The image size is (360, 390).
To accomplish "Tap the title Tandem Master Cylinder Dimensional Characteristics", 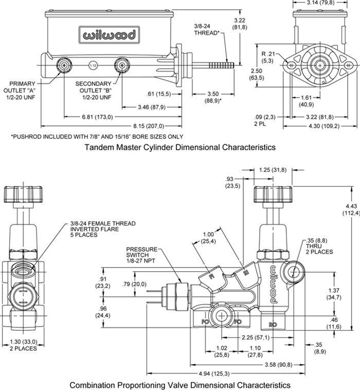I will click(x=179, y=147).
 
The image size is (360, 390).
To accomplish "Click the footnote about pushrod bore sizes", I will click(x=97, y=136).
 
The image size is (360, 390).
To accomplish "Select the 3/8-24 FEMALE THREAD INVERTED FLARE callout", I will click(x=103, y=229).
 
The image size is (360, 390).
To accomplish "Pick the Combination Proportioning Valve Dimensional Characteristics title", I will click(x=179, y=384).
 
